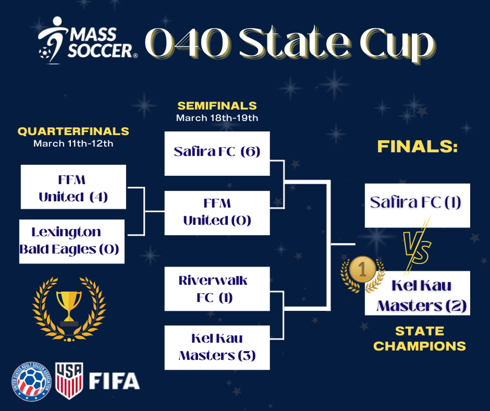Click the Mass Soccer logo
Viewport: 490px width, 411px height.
tap(88, 41)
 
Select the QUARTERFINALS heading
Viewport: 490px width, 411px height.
tap(73, 131)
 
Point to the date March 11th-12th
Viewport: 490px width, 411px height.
tap(73, 144)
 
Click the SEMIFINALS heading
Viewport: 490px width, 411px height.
tap(217, 106)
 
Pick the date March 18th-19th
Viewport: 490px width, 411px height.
tap(217, 118)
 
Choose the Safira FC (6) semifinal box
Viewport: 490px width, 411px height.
tap(217, 154)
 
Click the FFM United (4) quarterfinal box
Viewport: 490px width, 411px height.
tap(73, 187)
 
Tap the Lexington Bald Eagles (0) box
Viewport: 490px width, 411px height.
tap(72, 241)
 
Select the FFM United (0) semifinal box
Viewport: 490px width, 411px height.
tap(217, 213)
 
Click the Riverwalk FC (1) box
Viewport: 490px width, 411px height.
tap(217, 289)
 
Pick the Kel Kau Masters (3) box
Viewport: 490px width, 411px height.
tap(217, 347)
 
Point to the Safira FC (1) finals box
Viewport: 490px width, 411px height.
tap(417, 205)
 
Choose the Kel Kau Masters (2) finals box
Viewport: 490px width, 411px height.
tap(417, 293)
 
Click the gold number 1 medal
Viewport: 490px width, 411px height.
tap(363, 269)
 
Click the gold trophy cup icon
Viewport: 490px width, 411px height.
tap(69, 307)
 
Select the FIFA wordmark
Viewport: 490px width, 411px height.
tap(114, 381)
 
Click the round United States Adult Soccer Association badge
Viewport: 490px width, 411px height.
tap(31, 382)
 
